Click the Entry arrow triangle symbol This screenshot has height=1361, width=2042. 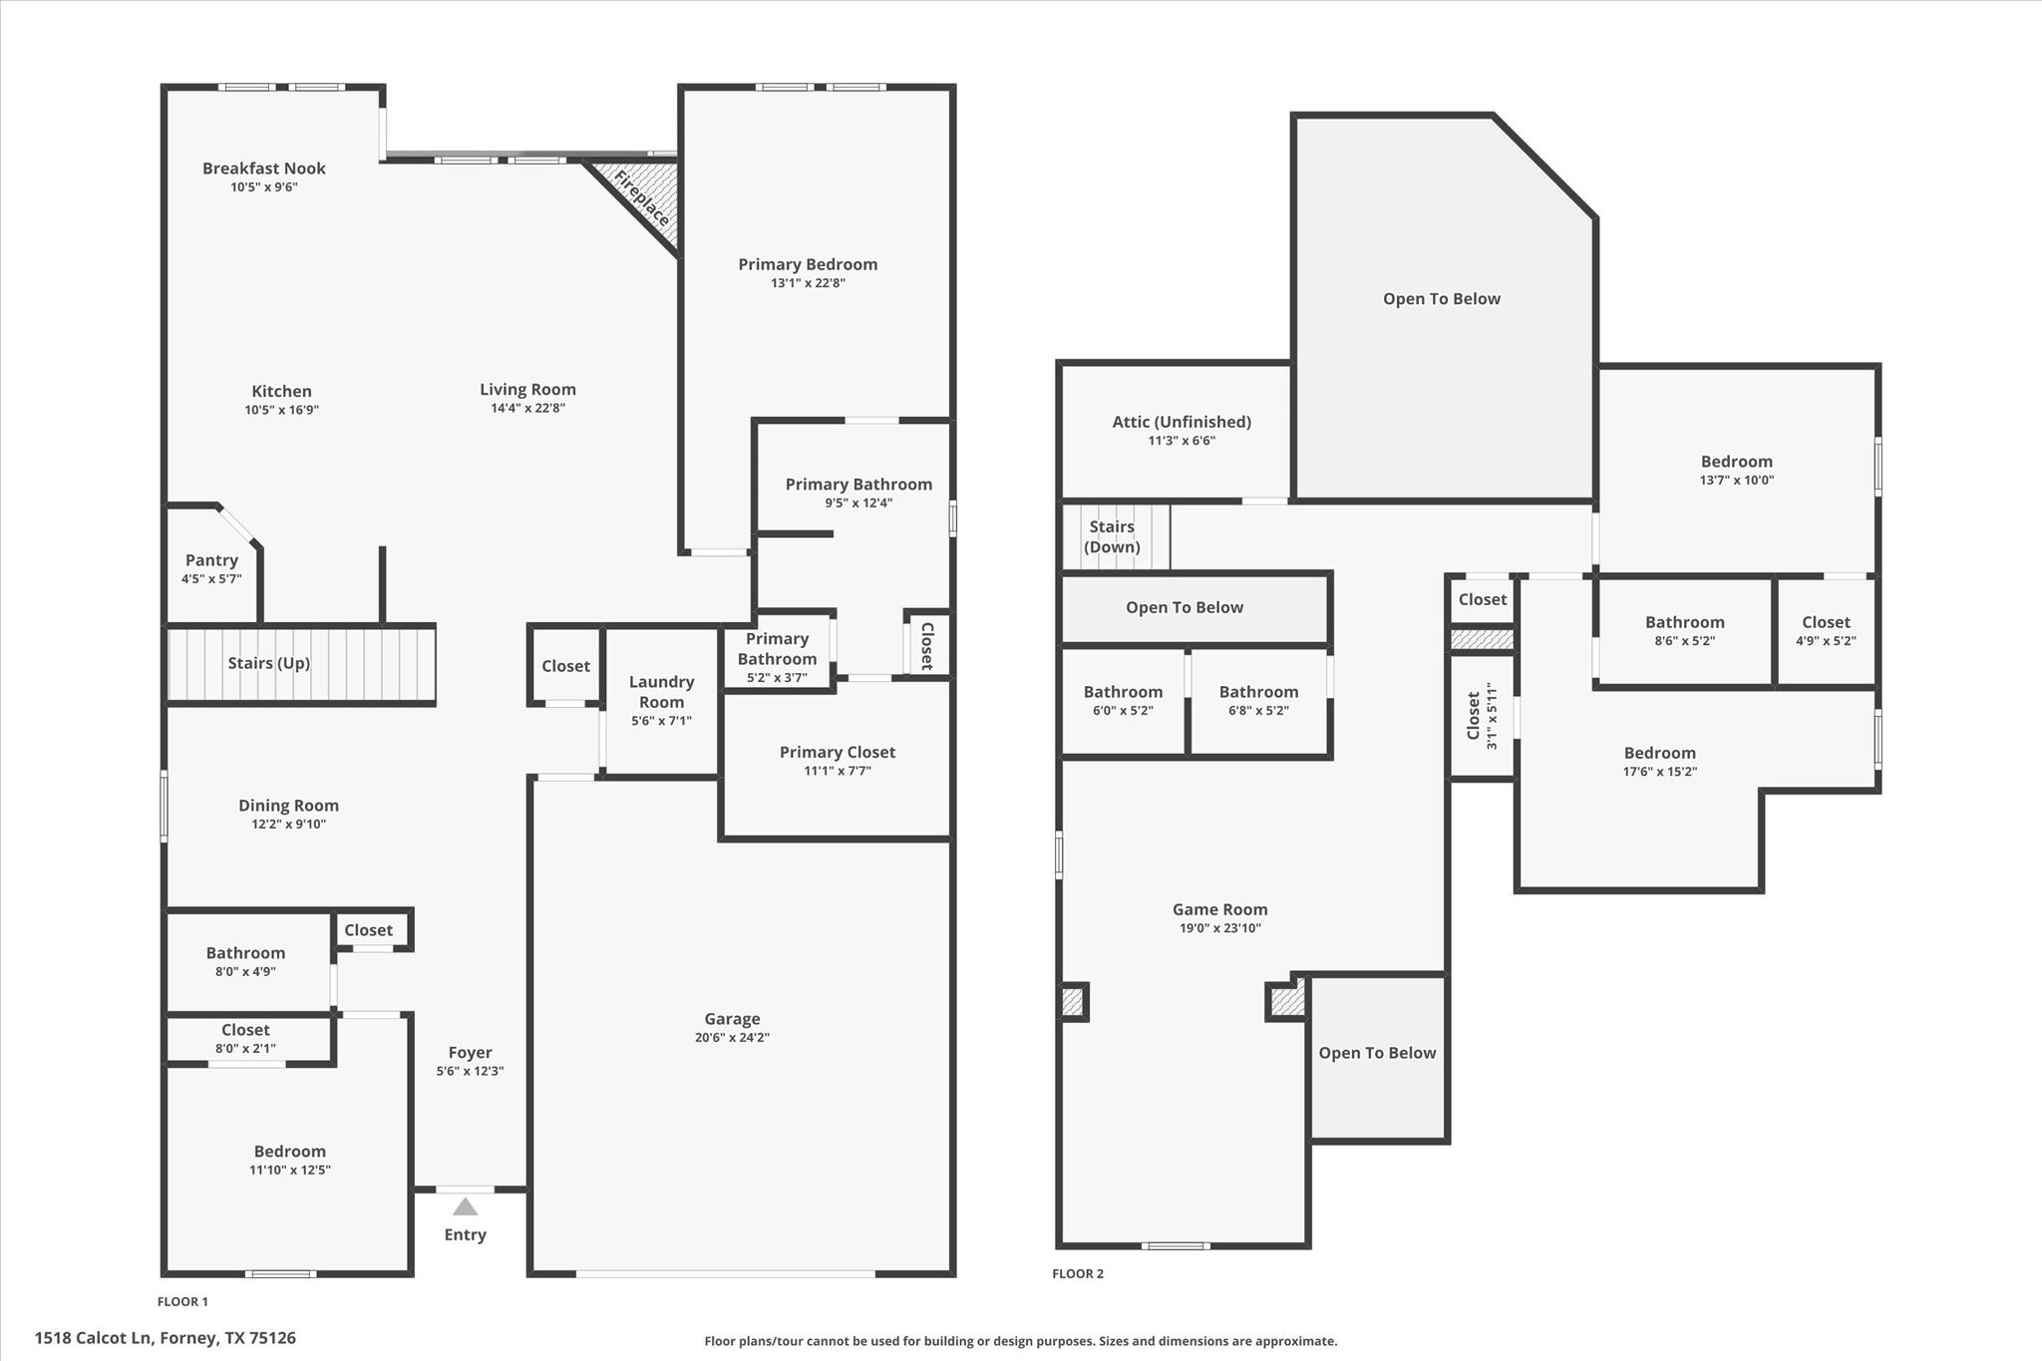465,1207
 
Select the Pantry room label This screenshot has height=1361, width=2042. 211,560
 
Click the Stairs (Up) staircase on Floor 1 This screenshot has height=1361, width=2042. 299,664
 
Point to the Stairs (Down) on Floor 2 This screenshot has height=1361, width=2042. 1113,536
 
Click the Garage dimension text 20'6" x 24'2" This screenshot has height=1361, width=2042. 732,1037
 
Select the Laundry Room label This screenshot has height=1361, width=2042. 661,691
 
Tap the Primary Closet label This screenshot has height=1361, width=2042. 837,752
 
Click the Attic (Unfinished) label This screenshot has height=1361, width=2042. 1182,422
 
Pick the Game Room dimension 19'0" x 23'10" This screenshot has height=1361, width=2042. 1219,928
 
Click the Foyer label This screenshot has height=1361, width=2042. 470,1052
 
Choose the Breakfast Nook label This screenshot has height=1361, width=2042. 264,169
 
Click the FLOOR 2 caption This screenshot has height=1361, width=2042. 1078,1273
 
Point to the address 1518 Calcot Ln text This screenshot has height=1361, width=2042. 166,1338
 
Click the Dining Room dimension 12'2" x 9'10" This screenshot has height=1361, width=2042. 288,824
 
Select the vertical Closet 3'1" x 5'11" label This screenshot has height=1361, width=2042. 1481,716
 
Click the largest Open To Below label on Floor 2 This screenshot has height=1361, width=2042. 1441,299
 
